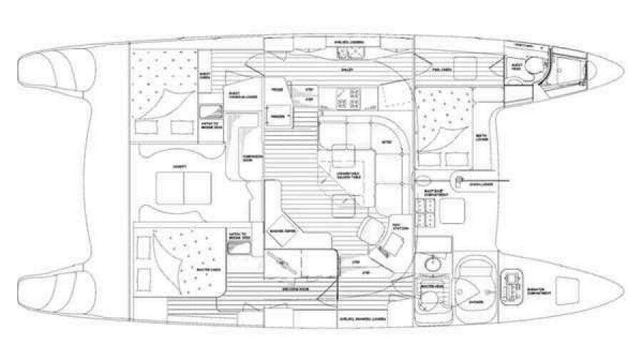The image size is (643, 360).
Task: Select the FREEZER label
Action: tap(275, 116)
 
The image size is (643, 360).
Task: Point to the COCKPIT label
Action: tap(170, 166)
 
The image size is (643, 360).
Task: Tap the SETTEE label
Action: tap(387, 142)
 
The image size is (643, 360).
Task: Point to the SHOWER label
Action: tap(475, 302)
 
